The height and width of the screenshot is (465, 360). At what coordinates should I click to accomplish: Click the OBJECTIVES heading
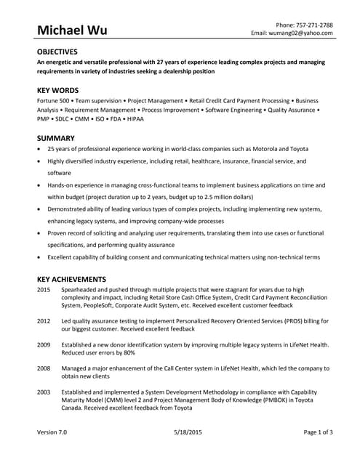pos(57,52)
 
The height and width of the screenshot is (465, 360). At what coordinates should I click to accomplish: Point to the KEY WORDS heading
pos(56,90)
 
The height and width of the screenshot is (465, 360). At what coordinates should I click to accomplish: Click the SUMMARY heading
pos(55,137)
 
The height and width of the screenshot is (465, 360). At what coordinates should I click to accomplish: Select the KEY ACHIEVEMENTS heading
pos(71,279)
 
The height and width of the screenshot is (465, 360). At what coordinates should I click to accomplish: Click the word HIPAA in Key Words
pos(133,118)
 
